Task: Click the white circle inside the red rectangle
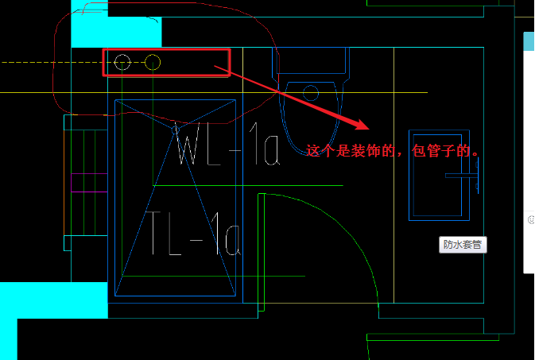pos(122,62)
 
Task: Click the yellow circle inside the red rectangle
pos(153,62)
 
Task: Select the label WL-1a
pos(227,146)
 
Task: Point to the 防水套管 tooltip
pos(463,245)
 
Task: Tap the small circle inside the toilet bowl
pos(311,92)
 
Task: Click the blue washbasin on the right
pos(435,175)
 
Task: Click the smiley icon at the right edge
pos(530,218)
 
